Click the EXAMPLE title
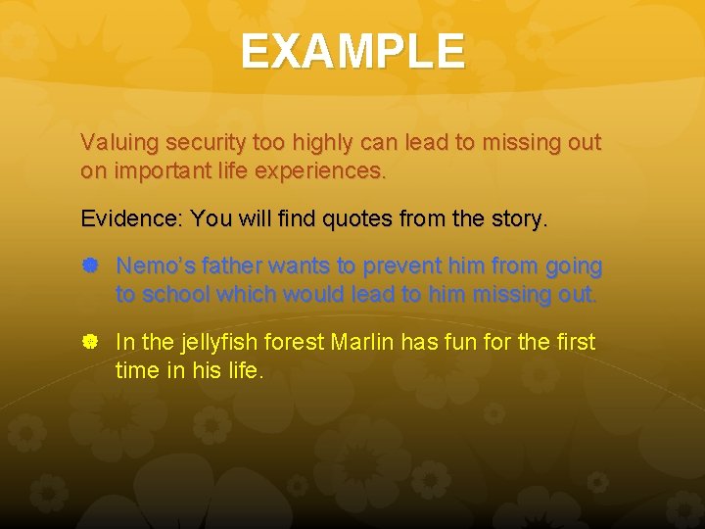tap(352, 51)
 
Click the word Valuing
tap(120, 143)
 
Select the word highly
tap(323, 143)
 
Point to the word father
tap(229, 265)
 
